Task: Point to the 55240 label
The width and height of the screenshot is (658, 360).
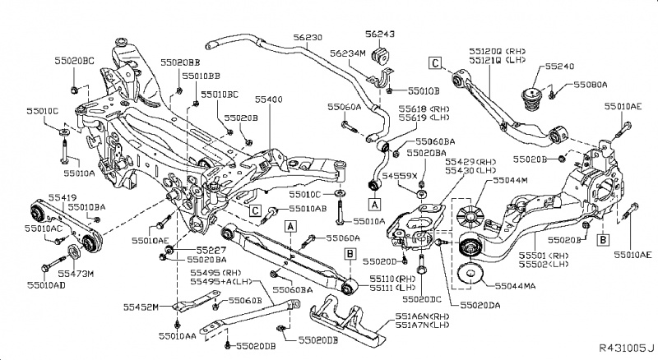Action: (x=544, y=65)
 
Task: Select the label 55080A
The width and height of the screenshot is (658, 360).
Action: (x=591, y=85)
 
